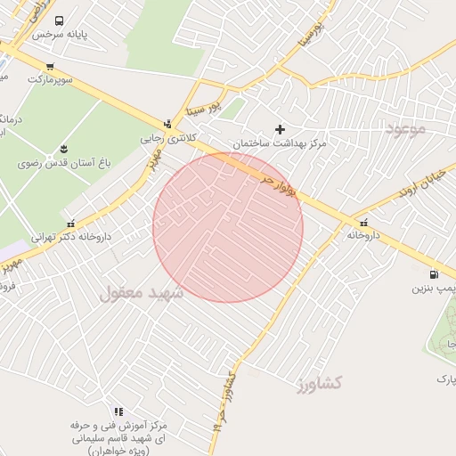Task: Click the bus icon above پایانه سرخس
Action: [x=59, y=20]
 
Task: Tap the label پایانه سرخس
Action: [x=60, y=35]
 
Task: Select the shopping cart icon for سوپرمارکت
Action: [x=49, y=66]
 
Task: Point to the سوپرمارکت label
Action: [x=48, y=79]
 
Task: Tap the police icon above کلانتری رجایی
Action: [x=167, y=124]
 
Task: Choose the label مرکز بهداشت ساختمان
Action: [x=280, y=143]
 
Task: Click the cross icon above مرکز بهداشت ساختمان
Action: [x=280, y=129]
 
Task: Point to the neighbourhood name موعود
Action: [x=406, y=129]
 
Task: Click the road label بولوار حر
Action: [x=280, y=185]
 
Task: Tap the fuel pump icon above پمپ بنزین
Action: [x=434, y=274]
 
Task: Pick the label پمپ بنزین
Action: [x=434, y=289]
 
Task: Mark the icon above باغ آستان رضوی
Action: [x=63, y=149]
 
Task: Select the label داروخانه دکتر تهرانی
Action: [x=70, y=238]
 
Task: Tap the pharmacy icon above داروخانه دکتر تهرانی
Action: [x=70, y=223]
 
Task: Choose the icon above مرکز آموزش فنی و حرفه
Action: [x=118, y=411]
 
